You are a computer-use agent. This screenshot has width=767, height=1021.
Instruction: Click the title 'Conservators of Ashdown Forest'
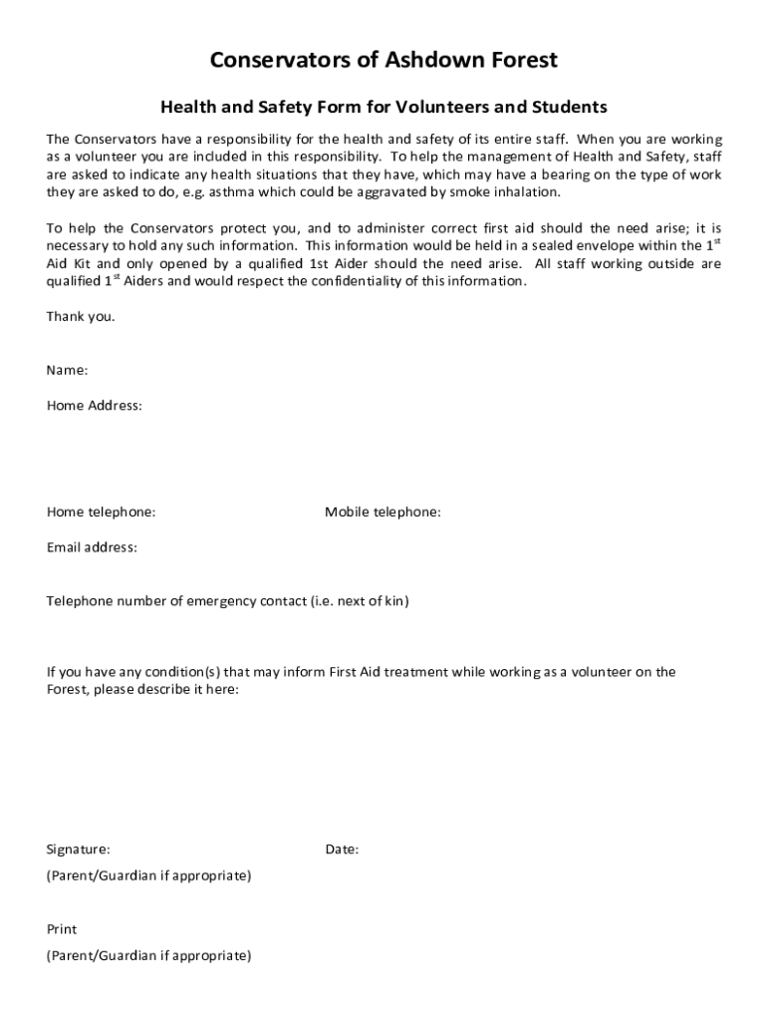click(383, 61)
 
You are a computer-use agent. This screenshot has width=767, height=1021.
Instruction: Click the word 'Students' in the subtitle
click(570, 107)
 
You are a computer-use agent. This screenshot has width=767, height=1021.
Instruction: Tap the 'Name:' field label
click(67, 370)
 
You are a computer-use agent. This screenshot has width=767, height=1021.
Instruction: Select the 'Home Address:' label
click(94, 406)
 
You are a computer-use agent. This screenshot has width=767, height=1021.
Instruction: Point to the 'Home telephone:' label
click(101, 512)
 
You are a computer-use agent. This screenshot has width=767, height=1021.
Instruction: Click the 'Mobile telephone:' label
click(383, 512)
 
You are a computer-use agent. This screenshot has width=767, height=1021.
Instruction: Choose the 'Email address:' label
click(92, 547)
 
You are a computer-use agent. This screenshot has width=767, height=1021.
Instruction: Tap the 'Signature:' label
click(78, 850)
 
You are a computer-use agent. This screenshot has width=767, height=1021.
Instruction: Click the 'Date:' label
click(342, 850)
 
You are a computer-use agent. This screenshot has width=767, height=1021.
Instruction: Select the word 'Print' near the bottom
click(62, 929)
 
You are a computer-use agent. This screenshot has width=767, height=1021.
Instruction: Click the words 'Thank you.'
click(81, 317)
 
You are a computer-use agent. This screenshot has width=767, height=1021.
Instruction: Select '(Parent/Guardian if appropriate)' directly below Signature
click(148, 875)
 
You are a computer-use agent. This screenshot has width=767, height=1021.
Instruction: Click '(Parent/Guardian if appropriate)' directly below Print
click(148, 955)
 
